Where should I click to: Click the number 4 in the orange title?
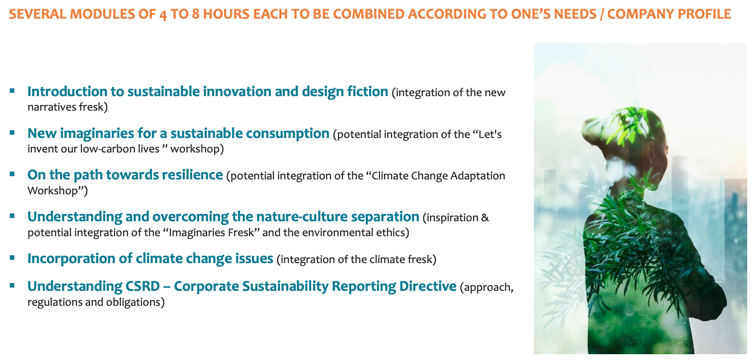coord(163,14)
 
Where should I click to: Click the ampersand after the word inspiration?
coord(485,218)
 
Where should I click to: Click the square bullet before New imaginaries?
coord(12,133)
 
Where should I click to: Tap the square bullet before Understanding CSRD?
coord(12,285)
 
